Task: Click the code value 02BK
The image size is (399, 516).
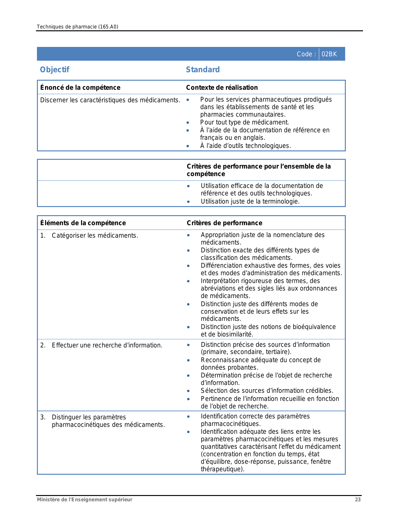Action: point(329,54)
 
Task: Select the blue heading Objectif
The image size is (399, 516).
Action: point(54,69)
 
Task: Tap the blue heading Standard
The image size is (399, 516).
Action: point(203,69)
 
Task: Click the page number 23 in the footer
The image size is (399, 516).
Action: point(358,499)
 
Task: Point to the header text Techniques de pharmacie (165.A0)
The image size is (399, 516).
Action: point(77,27)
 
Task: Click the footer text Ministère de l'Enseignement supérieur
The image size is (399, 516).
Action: point(84,499)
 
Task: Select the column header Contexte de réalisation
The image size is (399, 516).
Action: point(222,88)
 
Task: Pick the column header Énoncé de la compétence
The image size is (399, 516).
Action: point(80,88)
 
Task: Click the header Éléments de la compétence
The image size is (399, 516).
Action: point(83,223)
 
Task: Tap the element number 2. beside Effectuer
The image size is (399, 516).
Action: point(43,345)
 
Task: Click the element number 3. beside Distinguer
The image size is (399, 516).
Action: point(43,417)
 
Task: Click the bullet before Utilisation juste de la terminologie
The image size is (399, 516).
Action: point(188,202)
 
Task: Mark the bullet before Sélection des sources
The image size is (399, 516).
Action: point(188,391)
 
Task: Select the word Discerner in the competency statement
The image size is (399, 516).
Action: point(54,100)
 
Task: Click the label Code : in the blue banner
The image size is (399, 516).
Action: point(306,54)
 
